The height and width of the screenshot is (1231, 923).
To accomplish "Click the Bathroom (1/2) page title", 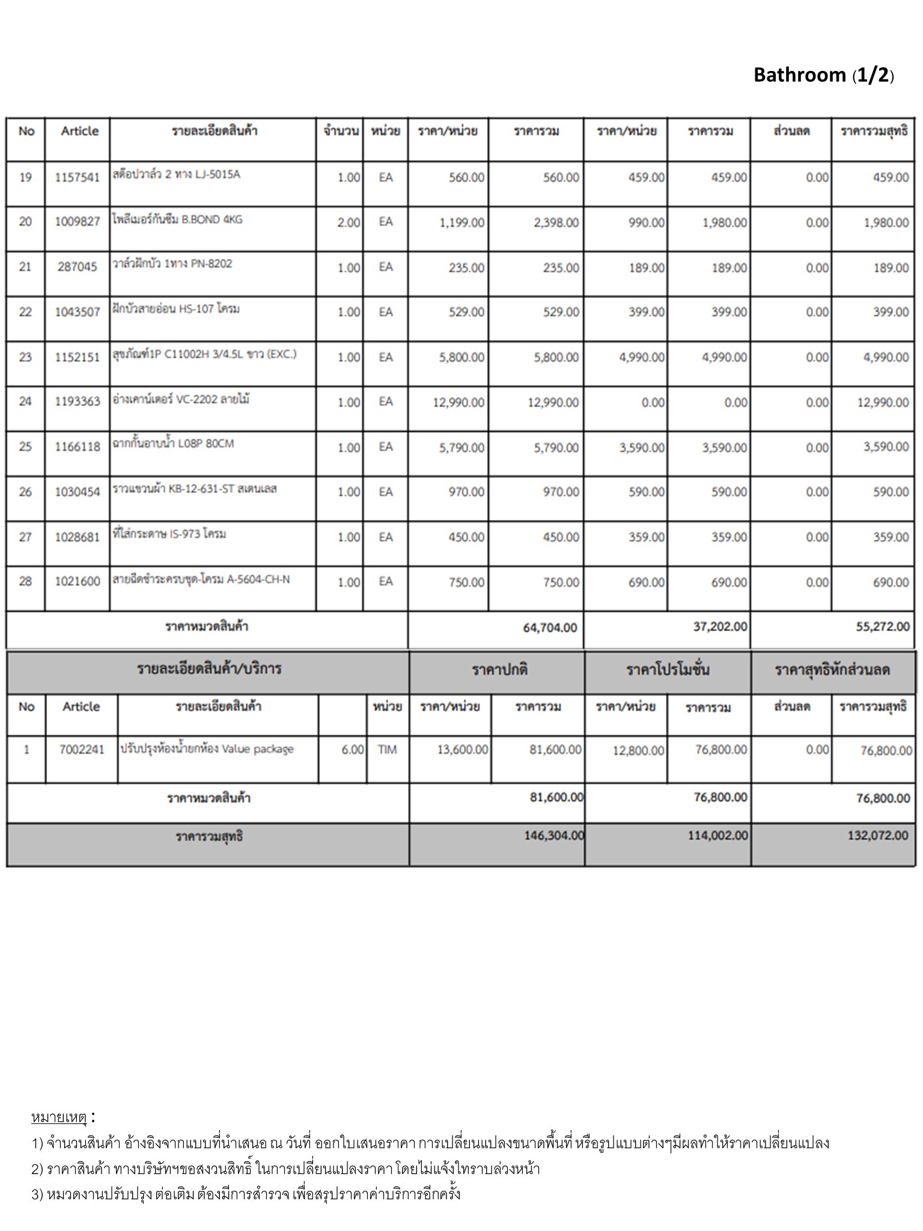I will [823, 75].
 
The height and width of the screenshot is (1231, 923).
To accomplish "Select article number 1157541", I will [78, 177].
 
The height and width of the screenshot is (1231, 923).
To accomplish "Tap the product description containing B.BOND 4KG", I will [177, 219].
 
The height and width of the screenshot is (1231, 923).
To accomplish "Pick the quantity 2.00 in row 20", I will [349, 222].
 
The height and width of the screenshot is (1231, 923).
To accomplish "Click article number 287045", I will [78, 267].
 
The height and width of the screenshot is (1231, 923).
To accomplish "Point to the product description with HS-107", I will [176, 309].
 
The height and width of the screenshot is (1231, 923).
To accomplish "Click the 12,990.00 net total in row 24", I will [883, 402].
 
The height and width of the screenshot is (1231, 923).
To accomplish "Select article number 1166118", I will [78, 447].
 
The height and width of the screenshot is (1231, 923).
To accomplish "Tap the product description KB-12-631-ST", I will [195, 489].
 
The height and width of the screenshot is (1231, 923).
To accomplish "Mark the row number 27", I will [25, 537].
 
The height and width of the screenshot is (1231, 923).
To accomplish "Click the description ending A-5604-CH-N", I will [201, 579].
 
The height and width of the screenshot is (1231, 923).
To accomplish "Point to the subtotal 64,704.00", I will [550, 628].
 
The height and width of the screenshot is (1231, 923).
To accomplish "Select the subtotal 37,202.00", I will [720, 627].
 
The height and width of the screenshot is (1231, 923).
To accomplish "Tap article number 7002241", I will [82, 750].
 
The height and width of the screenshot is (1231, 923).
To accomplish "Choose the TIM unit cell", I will [388, 750].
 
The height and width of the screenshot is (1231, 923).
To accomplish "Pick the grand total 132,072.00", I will [878, 835].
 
